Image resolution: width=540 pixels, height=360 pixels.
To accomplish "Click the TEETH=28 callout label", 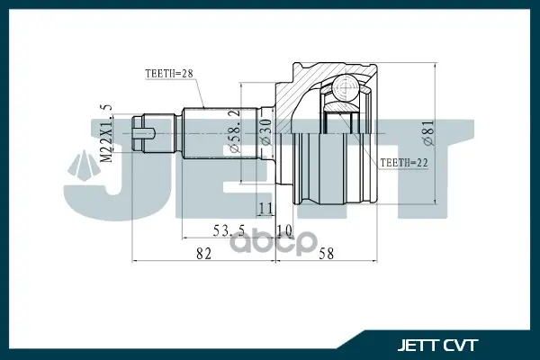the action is point(169,74).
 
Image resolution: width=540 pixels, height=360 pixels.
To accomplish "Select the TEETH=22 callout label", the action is point(404,163).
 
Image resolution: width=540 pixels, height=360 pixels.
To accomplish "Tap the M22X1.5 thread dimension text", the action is point(106,133).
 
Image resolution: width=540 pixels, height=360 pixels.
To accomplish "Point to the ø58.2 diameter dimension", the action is point(234,130).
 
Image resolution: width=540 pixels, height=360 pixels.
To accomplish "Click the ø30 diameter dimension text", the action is point(266,132).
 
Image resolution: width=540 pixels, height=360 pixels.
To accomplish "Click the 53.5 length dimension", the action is point(229,230).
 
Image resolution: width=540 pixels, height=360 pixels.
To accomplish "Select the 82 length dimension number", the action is point(203,254).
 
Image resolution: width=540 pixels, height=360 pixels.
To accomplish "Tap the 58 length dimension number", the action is point(326,254).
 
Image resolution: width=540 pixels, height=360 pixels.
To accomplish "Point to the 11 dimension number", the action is point(265,208).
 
